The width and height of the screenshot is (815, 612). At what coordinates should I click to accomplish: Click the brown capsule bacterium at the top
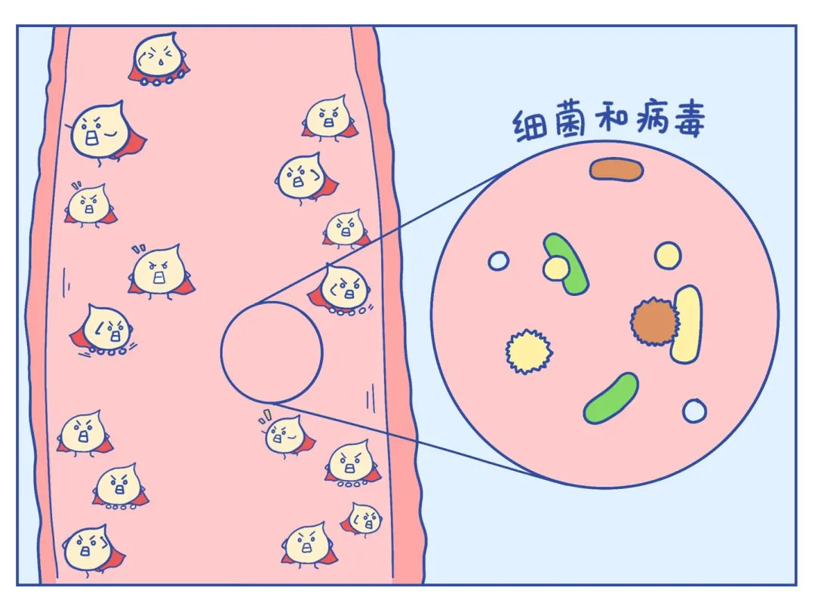617,170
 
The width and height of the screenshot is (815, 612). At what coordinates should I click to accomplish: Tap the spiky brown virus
651,322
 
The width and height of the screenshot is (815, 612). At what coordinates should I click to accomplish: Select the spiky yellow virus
527,351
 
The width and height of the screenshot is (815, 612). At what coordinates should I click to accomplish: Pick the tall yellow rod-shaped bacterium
687,324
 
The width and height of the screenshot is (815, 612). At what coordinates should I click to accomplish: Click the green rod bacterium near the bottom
610,398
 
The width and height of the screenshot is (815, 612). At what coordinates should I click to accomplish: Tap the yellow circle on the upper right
668,255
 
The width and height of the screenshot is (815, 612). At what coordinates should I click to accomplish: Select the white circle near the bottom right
694,411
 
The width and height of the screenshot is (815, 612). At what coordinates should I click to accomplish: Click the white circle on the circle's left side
498,261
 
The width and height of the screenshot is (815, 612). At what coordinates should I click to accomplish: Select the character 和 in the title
607,121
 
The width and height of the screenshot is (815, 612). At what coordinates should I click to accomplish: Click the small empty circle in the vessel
272,352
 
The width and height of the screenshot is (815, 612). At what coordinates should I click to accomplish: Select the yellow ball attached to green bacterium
555,268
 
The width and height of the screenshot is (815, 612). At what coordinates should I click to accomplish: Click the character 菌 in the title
570,124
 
